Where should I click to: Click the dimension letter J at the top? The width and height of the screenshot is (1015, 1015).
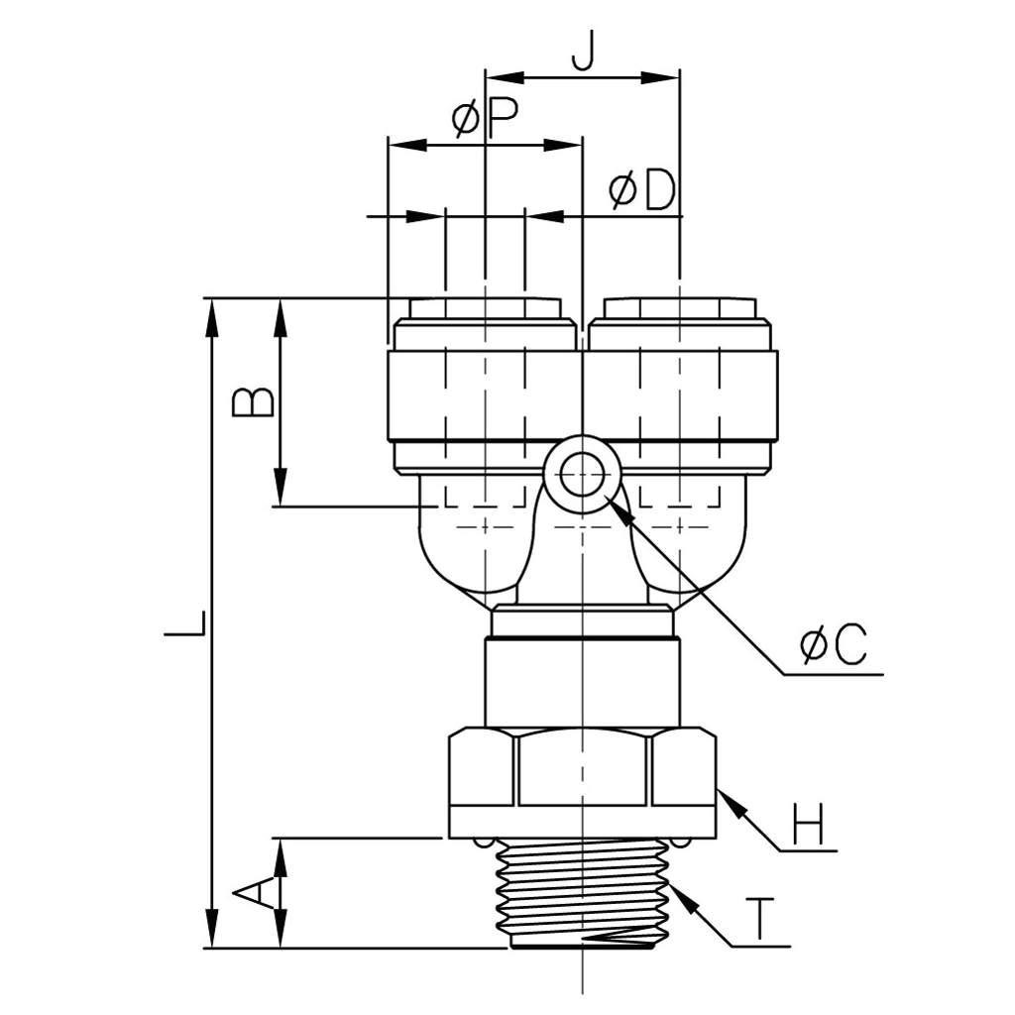pyautogui.click(x=583, y=52)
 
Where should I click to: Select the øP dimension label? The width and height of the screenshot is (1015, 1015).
pyautogui.click(x=486, y=118)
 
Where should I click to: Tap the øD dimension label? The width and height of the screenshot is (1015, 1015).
pyautogui.click(x=642, y=190)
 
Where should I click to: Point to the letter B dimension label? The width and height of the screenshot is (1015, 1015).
pyautogui.click(x=253, y=402)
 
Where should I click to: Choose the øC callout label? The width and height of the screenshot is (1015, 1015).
pyautogui.click(x=833, y=644)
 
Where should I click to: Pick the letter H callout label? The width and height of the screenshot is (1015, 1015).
pyautogui.click(x=809, y=824)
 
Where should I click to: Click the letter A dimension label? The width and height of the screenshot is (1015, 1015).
pyautogui.click(x=253, y=894)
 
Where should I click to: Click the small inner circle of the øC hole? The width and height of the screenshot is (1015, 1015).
pyautogui.click(x=583, y=475)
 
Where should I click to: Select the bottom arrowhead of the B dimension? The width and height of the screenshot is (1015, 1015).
pyautogui.click(x=280, y=488)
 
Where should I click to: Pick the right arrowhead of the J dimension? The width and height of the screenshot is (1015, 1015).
pyautogui.click(x=659, y=77)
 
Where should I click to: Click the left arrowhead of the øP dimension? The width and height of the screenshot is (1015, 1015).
pyautogui.click(x=407, y=145)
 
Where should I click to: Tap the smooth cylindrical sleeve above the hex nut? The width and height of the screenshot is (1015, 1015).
pyautogui.click(x=583, y=683)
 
